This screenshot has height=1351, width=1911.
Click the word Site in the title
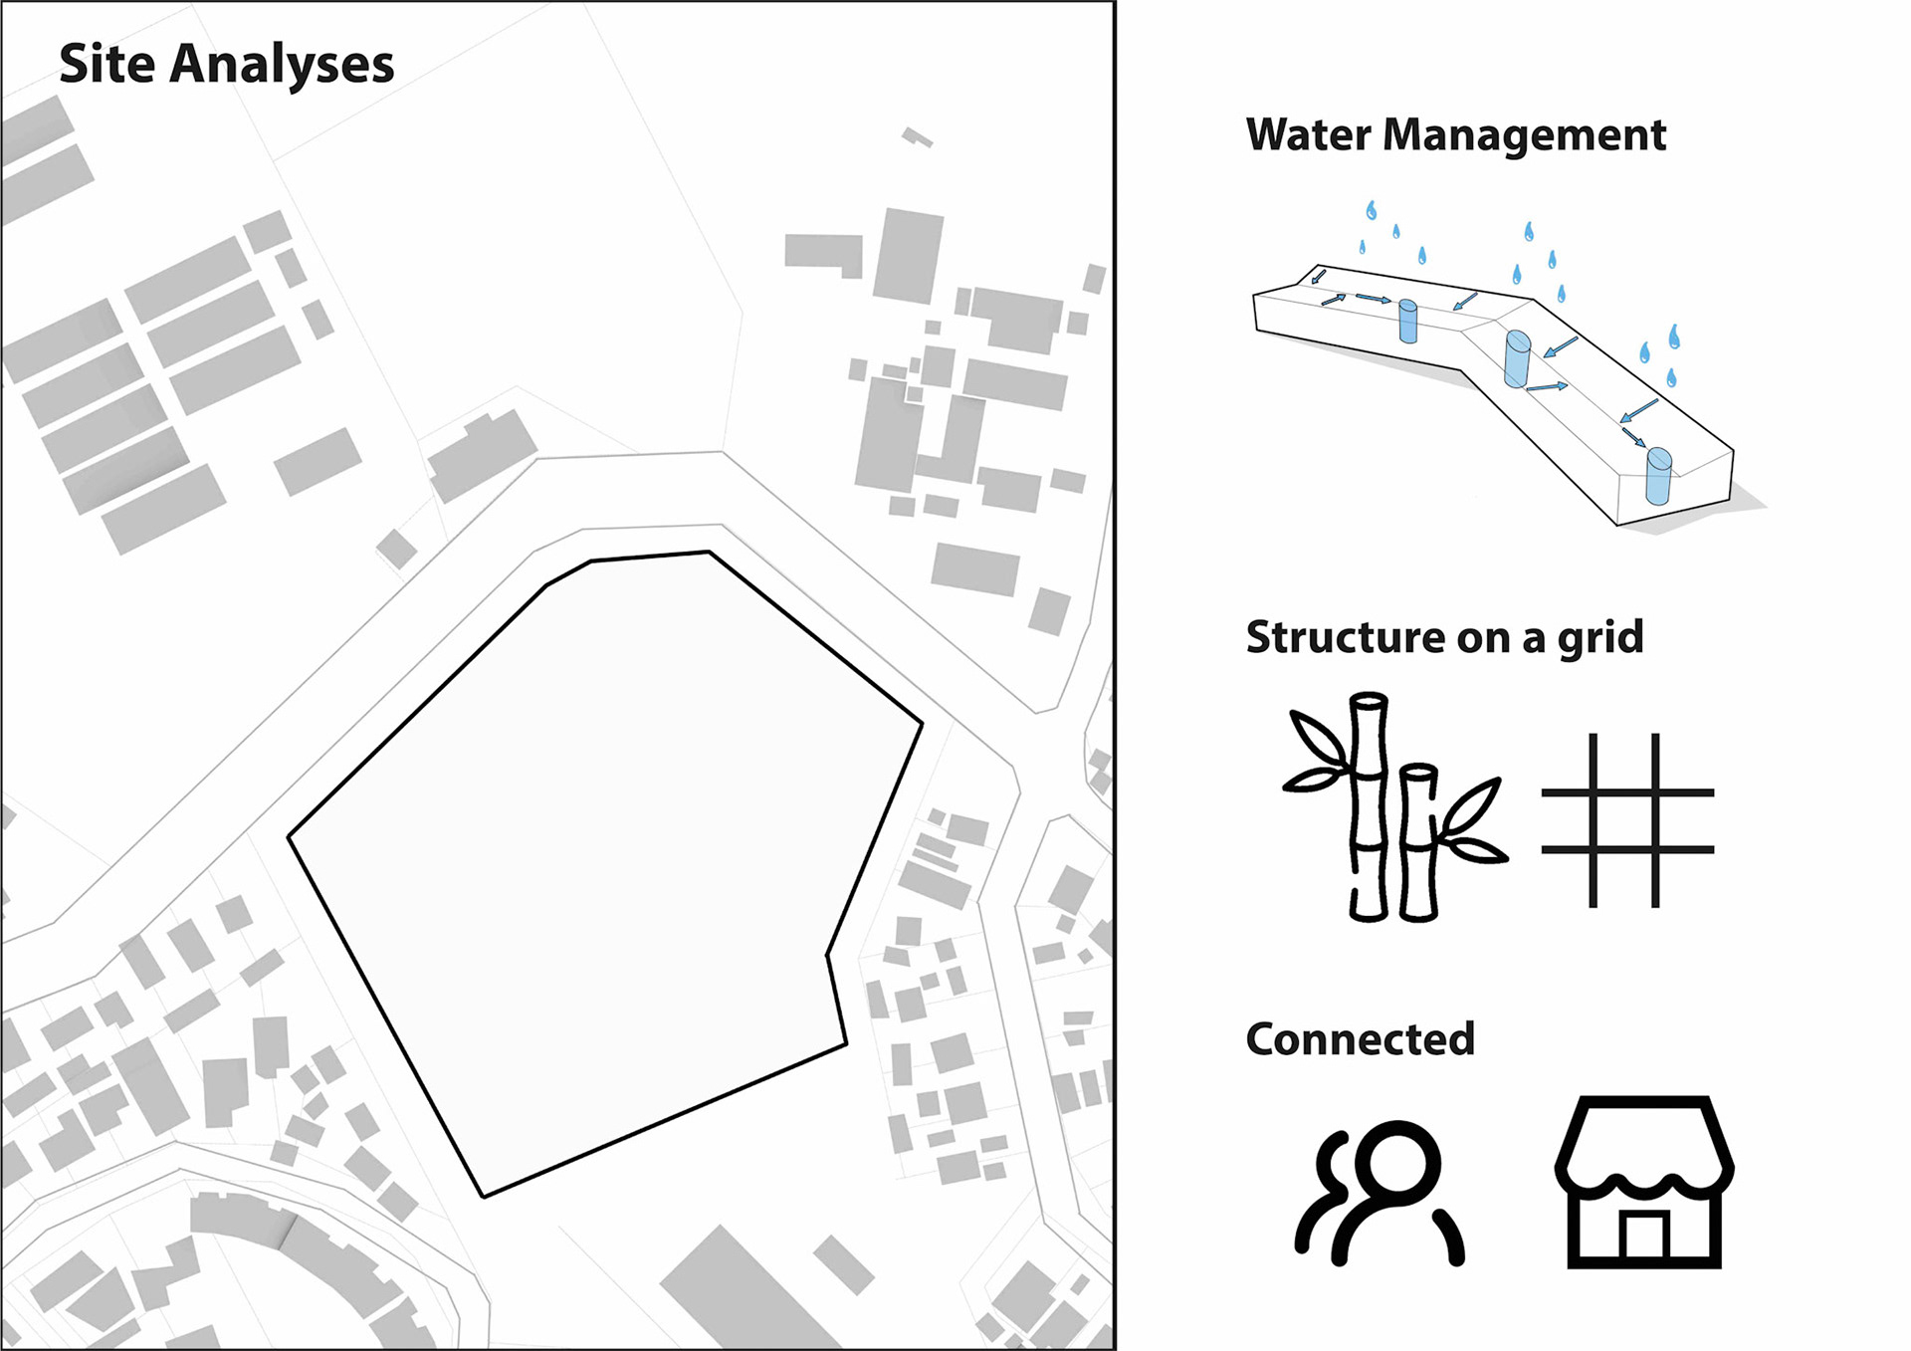point(106,64)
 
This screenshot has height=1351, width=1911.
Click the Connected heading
point(1360,1039)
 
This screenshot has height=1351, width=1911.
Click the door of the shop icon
point(1644,1238)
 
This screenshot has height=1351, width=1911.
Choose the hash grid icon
point(1626,820)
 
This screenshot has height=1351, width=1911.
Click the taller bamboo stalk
point(1369,806)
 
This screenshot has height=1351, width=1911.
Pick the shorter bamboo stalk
point(1417,842)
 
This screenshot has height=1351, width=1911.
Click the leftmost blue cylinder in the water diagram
point(1407,322)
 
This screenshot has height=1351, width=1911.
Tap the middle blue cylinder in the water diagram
point(1517,359)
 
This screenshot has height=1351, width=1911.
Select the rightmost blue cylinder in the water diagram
point(1658,477)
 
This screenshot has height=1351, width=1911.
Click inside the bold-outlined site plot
point(597,846)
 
